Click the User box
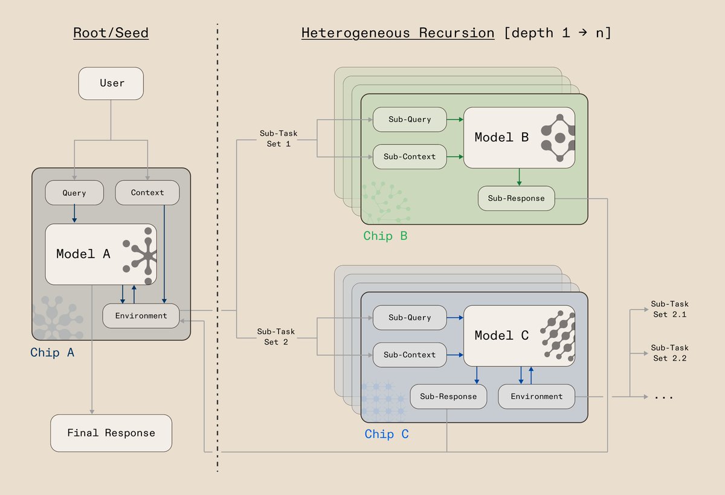pyautogui.click(x=111, y=83)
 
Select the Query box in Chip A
pyautogui.click(x=74, y=193)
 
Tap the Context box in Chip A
pyautogui.click(x=147, y=192)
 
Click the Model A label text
pyautogui.click(x=83, y=254)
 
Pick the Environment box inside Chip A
pyautogui.click(x=141, y=315)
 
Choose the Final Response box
pyautogui.click(x=111, y=433)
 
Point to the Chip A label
pyautogui.click(x=53, y=352)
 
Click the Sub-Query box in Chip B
pyautogui.click(x=410, y=119)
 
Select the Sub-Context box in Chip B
pyautogui.click(x=410, y=157)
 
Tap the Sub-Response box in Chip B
pyautogui.click(x=516, y=198)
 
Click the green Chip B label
pyautogui.click(x=385, y=236)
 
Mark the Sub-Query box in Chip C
pyautogui.click(x=410, y=317)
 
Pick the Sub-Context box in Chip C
pyautogui.click(x=410, y=355)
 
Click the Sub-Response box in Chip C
pyautogui.click(x=448, y=396)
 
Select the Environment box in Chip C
pyautogui.click(x=536, y=396)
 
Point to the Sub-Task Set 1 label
pyautogui.click(x=278, y=139)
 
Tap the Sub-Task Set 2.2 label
pyautogui.click(x=669, y=353)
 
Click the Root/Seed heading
pyautogui.click(x=111, y=33)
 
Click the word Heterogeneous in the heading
pyautogui.click(x=356, y=33)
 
